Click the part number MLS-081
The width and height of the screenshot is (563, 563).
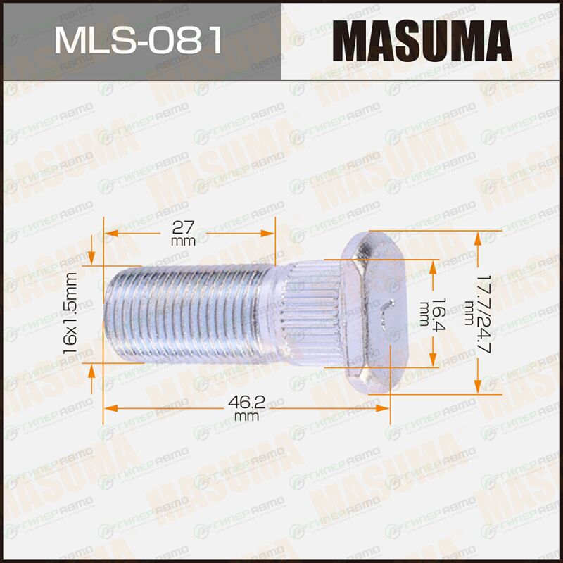coord(139,41)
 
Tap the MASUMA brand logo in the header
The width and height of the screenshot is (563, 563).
coord(422,41)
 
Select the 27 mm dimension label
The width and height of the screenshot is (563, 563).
coord(183,234)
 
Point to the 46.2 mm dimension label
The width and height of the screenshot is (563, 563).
coord(247,408)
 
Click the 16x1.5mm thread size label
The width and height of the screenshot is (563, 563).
coord(70,313)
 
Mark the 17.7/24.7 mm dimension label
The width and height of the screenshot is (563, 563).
coord(478,313)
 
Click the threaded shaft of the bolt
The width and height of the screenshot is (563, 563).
coord(186,313)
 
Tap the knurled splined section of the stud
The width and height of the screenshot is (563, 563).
coord(312,313)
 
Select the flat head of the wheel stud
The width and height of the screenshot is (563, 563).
coord(374,313)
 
